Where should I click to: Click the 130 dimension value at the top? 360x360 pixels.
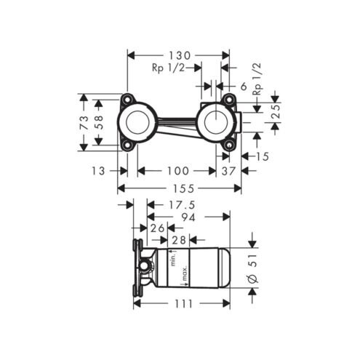180,55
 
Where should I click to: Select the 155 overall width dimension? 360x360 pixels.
183,188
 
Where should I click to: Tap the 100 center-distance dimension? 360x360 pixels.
177,171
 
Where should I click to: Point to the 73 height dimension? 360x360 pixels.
84,122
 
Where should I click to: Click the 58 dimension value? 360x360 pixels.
98,122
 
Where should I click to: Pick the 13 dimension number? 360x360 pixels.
98,171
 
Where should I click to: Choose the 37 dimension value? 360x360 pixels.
228,171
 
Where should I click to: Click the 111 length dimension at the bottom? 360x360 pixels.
183,303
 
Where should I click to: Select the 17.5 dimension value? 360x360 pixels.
182,205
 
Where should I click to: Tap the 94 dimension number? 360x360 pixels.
188,217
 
